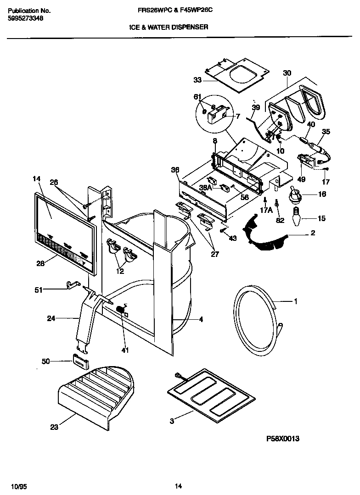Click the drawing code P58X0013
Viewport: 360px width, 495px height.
283,439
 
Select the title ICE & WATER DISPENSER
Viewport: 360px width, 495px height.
169,27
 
